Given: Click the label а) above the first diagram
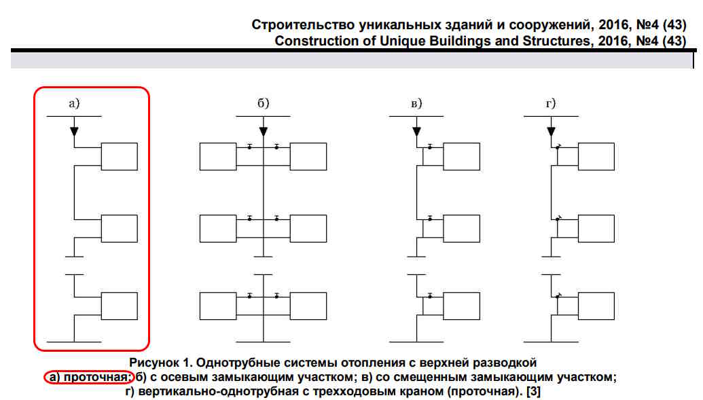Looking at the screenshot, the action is click(74, 104).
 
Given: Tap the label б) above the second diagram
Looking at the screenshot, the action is click(263, 103).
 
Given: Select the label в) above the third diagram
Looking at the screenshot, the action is click(416, 104).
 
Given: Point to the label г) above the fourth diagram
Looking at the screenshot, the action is click(551, 104).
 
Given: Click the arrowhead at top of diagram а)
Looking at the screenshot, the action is click(75, 132).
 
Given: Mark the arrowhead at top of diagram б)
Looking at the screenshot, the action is click(263, 132).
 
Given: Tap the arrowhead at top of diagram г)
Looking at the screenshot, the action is click(551, 132).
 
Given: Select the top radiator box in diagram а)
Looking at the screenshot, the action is click(120, 156).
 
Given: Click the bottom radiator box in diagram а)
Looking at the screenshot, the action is click(120, 306).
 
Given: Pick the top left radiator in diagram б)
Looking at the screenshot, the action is click(218, 156).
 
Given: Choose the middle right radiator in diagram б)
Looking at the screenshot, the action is click(308, 229).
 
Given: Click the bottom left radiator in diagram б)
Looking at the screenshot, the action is click(218, 306).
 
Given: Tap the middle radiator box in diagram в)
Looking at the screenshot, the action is click(461, 229).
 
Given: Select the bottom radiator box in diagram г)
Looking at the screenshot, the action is click(596, 306).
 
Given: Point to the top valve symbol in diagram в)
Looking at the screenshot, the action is click(430, 147).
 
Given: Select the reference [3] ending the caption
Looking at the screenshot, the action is click(533, 391).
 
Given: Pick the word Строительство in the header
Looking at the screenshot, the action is click(304, 24).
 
